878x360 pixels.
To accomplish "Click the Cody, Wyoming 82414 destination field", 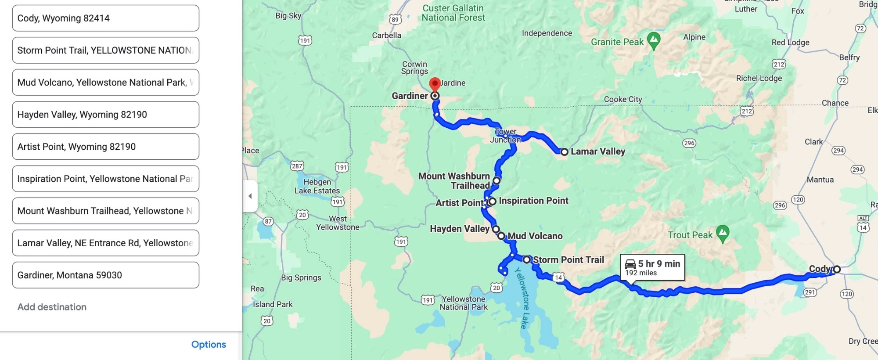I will (105, 18).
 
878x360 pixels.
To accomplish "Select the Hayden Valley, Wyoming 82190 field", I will (105, 115).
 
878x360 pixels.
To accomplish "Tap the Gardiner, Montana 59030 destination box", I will (105, 275).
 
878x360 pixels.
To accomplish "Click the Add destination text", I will (52, 307).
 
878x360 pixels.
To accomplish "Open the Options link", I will (209, 345).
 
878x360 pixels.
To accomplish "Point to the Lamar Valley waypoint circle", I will (564, 152).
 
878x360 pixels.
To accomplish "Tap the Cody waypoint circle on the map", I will (837, 269).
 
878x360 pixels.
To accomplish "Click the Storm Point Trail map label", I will (568, 260).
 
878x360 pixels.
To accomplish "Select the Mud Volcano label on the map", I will (535, 236).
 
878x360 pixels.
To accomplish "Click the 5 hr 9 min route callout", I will (652, 267).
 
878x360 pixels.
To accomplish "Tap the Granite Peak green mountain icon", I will (654, 40).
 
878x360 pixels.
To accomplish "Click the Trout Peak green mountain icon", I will (723, 233).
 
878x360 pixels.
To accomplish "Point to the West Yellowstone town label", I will (338, 223).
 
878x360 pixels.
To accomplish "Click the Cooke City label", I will (623, 99).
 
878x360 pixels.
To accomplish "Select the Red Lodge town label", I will (790, 43).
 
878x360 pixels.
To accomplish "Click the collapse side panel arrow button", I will (250, 196).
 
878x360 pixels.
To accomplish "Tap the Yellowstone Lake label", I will (523, 298).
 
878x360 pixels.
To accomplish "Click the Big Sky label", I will (288, 16).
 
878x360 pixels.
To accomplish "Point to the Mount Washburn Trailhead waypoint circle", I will (496, 180).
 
